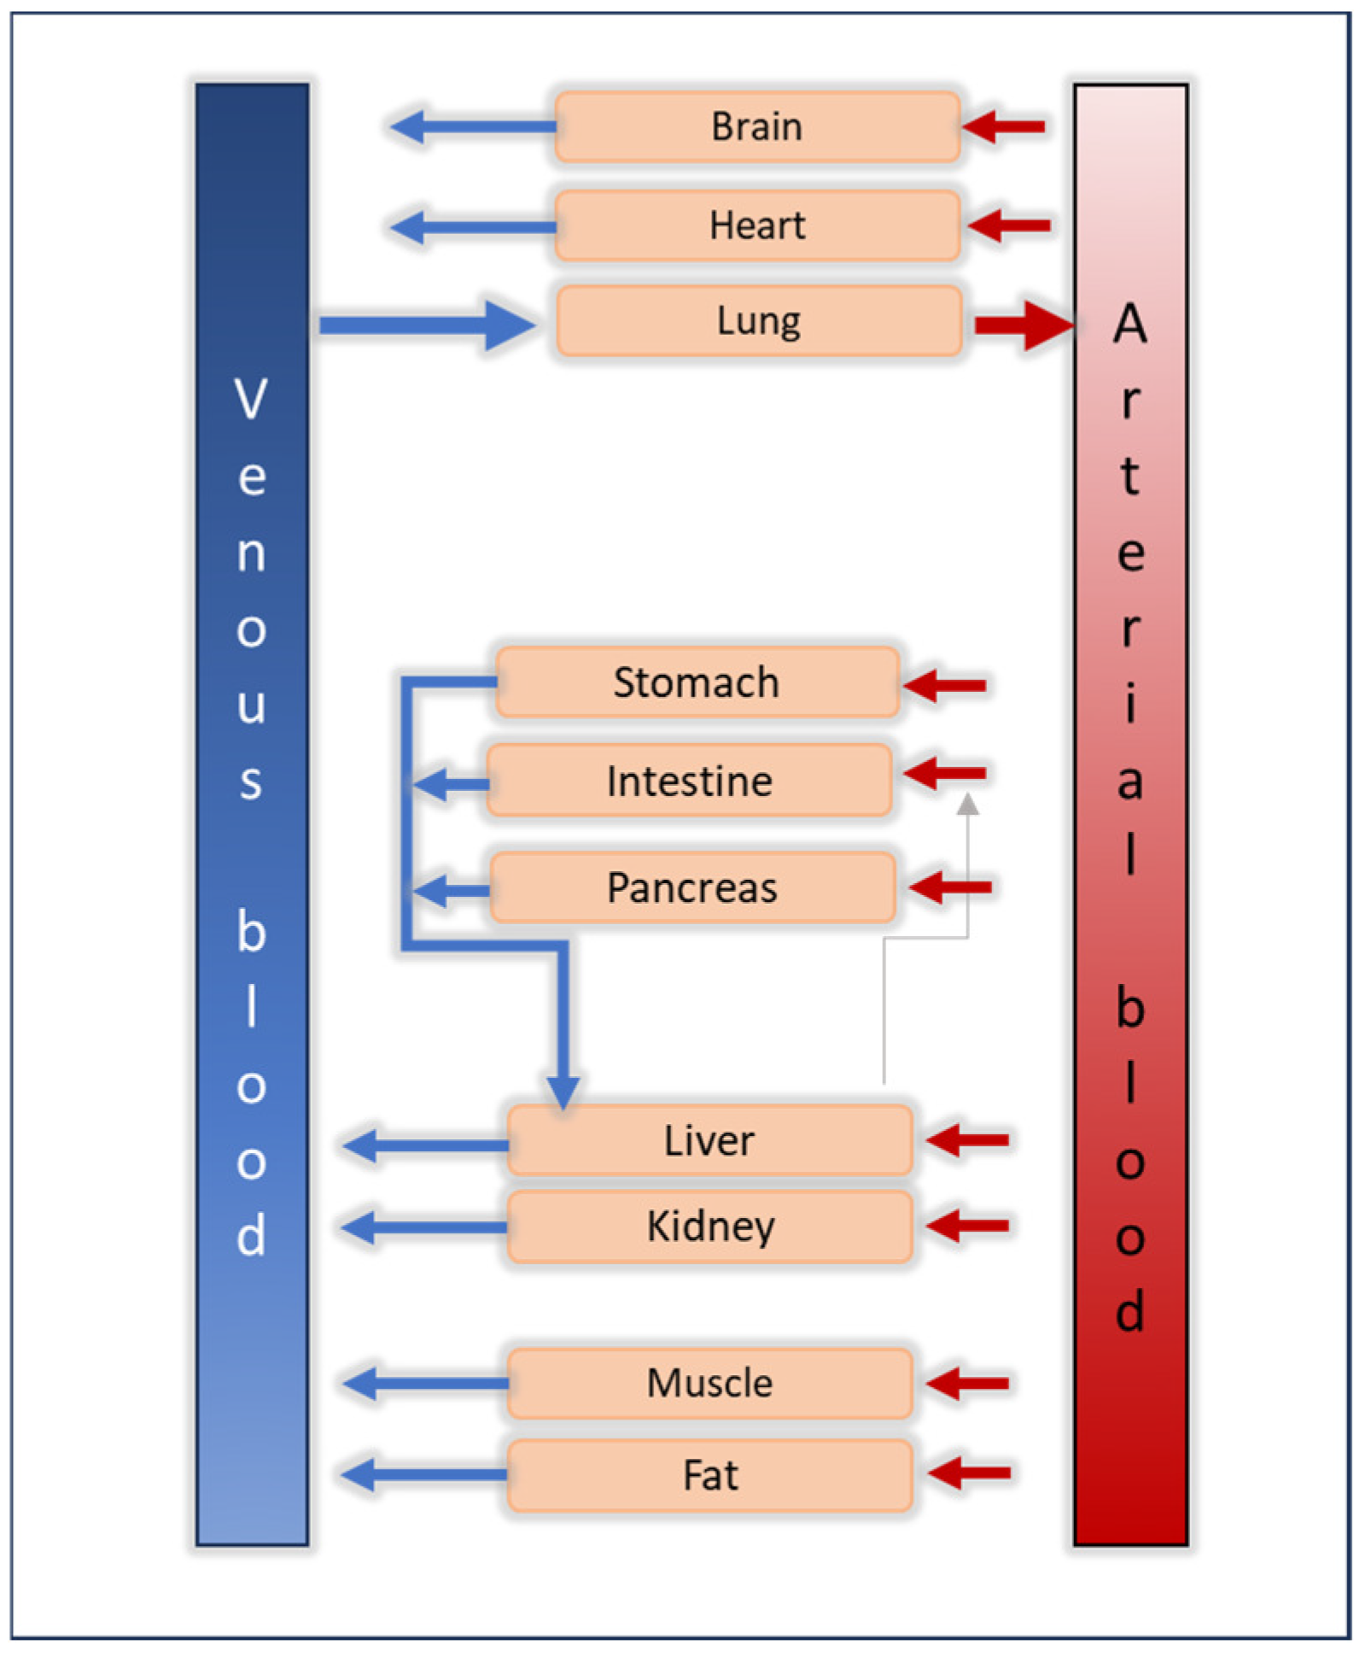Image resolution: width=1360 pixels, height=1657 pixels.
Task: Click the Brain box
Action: (757, 126)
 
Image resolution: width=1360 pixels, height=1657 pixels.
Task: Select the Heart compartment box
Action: (757, 225)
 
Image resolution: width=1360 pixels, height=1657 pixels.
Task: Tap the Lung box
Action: (759, 321)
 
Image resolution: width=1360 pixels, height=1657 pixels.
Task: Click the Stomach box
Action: (697, 682)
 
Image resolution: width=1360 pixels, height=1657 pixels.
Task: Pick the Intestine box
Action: (689, 781)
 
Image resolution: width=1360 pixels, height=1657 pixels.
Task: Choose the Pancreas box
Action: (692, 887)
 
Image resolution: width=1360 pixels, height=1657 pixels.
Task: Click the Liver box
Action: (709, 1140)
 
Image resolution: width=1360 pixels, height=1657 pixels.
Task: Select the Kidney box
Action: (709, 1226)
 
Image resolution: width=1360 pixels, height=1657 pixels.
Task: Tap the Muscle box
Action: (709, 1383)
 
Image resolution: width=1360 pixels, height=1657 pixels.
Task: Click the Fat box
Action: (709, 1475)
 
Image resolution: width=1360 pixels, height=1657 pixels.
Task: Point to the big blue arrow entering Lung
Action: (427, 325)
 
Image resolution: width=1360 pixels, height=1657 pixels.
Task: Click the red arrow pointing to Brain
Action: (1004, 126)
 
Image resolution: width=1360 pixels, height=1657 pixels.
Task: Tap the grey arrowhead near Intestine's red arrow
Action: (966, 805)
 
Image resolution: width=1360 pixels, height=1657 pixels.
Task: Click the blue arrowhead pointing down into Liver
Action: (563, 1092)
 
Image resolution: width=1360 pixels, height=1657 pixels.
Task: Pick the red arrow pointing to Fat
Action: (969, 1473)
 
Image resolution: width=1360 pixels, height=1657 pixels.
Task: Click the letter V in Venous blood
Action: (251, 399)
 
